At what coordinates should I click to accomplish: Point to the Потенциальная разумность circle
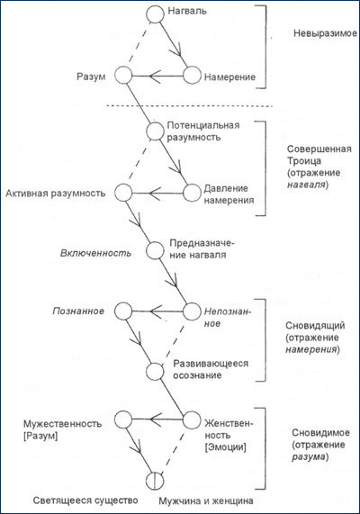157,131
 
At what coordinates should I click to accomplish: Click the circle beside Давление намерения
190,193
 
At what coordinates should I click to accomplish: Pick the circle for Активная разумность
123,193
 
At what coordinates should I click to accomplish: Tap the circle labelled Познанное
123,311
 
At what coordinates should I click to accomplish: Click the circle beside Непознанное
190,311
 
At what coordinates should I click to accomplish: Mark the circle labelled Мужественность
123,419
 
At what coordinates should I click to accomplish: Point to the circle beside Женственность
190,419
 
